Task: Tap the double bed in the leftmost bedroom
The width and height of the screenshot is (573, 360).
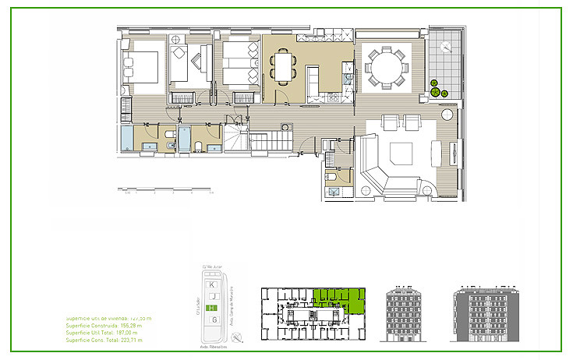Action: pos(142,66)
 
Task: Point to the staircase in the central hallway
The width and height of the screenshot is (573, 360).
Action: pos(269,142)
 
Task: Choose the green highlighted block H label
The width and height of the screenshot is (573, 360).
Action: pos(212,309)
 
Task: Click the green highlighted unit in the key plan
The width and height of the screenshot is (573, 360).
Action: pos(340,300)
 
